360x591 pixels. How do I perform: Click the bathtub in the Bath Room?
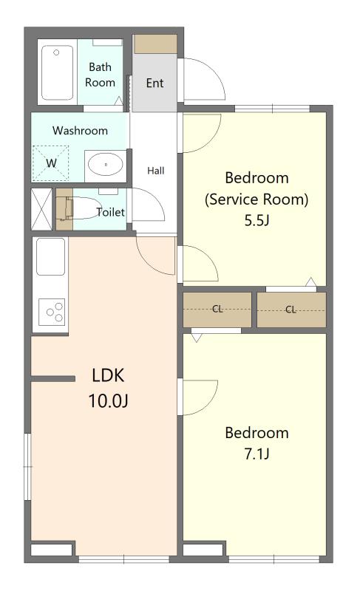coord(58,72)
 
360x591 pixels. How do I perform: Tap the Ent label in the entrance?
coord(154,83)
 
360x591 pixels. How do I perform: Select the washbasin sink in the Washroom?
coord(106,165)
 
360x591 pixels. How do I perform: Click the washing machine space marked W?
coord(51,163)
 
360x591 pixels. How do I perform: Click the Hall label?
coord(156,171)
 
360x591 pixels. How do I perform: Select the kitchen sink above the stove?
coord(50,256)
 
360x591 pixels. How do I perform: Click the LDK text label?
coord(108,375)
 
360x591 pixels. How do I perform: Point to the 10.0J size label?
coord(108,400)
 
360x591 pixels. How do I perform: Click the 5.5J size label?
coord(257,220)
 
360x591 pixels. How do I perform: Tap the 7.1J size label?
coord(257,454)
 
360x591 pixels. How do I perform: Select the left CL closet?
coord(217,310)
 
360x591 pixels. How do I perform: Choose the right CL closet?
coord(291,310)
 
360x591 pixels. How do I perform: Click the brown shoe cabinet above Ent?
coord(155,44)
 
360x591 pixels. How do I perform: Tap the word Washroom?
coord(80,131)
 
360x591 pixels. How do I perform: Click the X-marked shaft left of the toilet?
coord(41,209)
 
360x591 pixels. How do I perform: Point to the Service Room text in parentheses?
coord(257,199)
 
